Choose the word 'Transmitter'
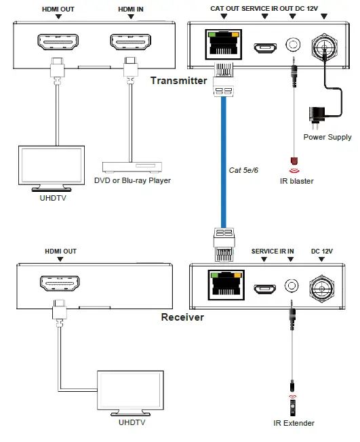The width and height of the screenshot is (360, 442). tap(178, 81)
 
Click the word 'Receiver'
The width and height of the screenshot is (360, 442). tap(182, 317)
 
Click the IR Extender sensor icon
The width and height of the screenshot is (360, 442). tap(293, 405)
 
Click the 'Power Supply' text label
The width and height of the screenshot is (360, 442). tap(327, 137)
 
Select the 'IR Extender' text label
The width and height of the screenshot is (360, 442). tap(294, 424)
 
